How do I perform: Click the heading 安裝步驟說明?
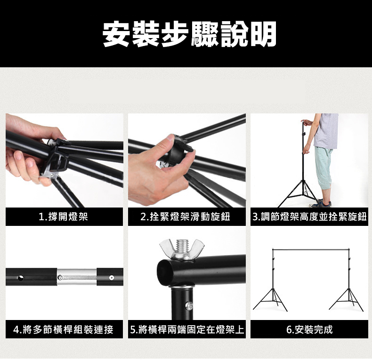(190, 34)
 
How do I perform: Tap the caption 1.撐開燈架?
(64, 216)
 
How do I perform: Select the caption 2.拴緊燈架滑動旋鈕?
(185, 216)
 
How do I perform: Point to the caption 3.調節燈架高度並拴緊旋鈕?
(309, 216)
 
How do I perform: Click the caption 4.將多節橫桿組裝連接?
(64, 329)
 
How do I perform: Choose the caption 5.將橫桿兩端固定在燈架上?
(187, 329)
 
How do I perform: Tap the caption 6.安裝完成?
(309, 329)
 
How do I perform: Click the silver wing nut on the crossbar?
(181, 249)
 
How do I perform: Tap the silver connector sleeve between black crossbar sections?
(77, 277)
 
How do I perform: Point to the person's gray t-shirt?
(326, 131)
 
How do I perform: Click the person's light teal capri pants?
(324, 168)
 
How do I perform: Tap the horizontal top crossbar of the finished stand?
(311, 249)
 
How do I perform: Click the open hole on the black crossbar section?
(21, 278)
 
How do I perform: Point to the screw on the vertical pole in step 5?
(189, 305)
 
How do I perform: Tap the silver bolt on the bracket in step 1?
(51, 175)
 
